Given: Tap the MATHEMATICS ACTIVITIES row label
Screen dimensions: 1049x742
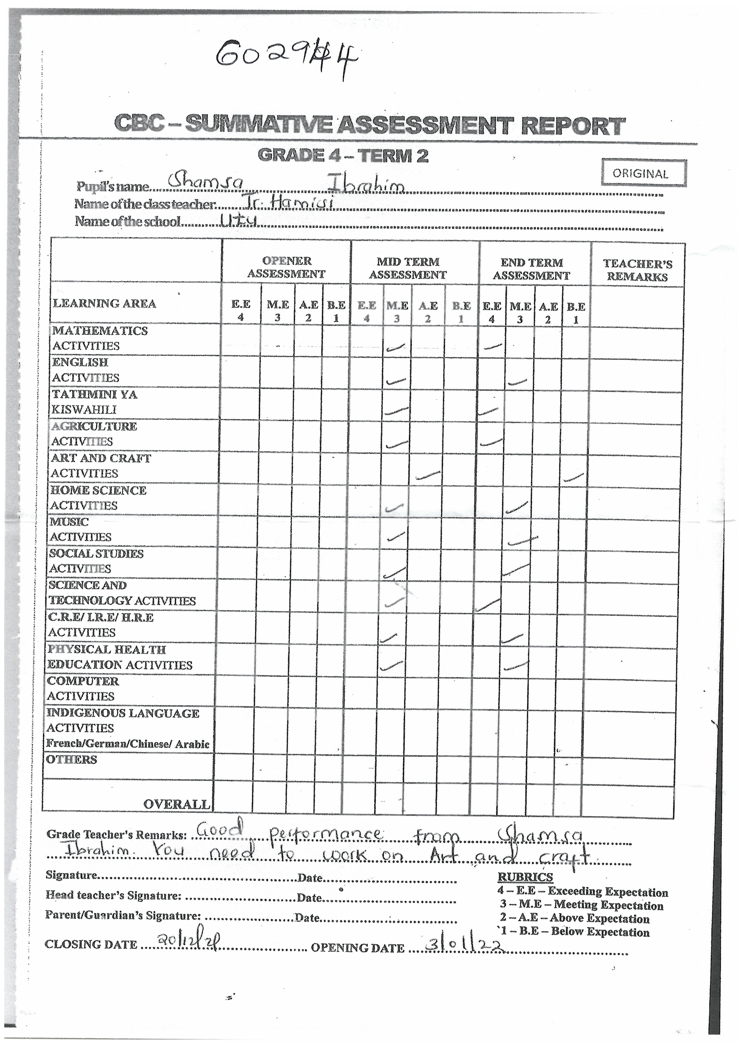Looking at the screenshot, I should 100,338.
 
